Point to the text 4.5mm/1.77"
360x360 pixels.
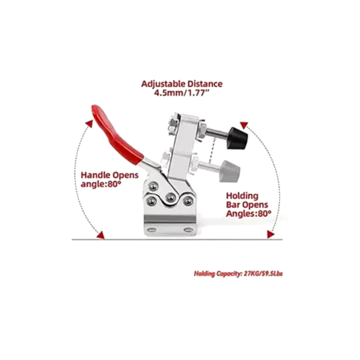coord(182,93)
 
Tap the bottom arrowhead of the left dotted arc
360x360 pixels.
coord(101,234)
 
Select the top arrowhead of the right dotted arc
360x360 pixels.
coord(244,125)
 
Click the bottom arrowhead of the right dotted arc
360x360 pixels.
coord(270,234)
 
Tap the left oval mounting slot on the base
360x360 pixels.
coord(152,229)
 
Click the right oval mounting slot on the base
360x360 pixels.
coord(188,229)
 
